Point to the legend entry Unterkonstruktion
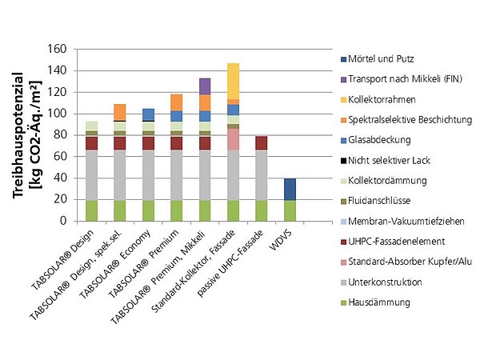tap(383, 282)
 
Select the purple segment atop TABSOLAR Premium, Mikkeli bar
tap(204, 86)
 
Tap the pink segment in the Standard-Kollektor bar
tap(233, 138)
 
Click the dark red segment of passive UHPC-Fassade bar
tap(262, 142)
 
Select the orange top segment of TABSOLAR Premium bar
tap(176, 102)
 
